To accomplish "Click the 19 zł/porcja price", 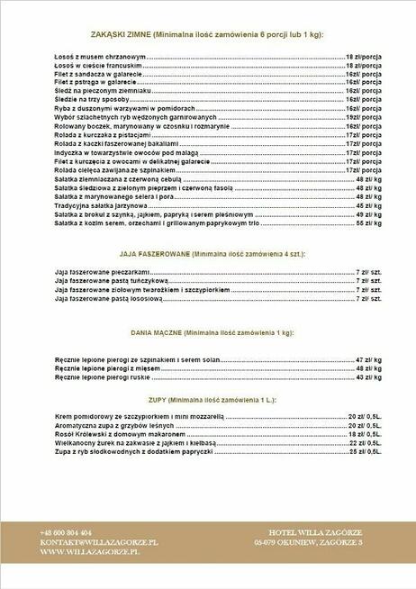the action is (x=366, y=118).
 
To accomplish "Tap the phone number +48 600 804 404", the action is (x=66, y=532).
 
